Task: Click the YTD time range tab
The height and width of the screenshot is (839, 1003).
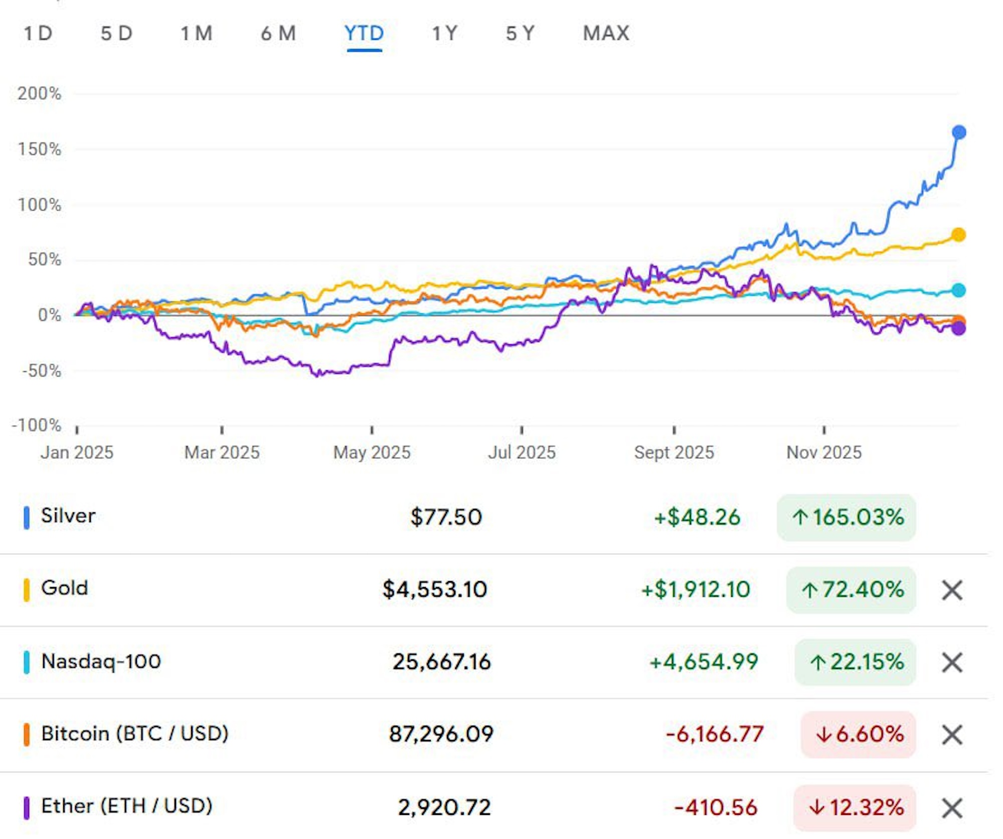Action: pos(364,34)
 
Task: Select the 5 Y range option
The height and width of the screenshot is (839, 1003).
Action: pos(520,34)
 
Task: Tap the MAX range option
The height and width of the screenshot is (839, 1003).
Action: pos(606,34)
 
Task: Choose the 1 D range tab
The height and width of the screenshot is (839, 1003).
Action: pos(38,34)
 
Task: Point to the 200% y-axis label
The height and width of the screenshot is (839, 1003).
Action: pos(39,93)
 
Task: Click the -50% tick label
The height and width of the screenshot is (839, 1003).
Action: pos(42,371)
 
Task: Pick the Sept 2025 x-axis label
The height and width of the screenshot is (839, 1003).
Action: pos(674,452)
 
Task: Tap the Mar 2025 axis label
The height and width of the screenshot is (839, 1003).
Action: pos(222,452)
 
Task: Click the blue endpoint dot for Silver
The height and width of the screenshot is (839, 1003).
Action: pos(959,132)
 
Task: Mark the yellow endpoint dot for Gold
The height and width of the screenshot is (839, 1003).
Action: pos(958,235)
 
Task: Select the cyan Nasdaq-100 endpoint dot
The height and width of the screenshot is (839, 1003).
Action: pos(958,290)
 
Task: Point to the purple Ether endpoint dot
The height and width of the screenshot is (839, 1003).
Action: pos(958,329)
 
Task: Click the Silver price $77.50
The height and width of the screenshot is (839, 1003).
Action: pos(446,517)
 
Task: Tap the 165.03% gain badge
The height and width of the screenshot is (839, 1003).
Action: pos(847,517)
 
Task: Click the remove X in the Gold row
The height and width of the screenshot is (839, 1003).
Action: pos(952,590)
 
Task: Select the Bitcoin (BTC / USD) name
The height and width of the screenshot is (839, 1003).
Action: pos(134,734)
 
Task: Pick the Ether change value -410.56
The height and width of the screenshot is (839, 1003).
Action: pos(716,807)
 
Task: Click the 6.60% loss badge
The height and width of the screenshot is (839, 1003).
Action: pos(859,734)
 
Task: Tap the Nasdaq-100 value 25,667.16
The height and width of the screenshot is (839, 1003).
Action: pos(441,662)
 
